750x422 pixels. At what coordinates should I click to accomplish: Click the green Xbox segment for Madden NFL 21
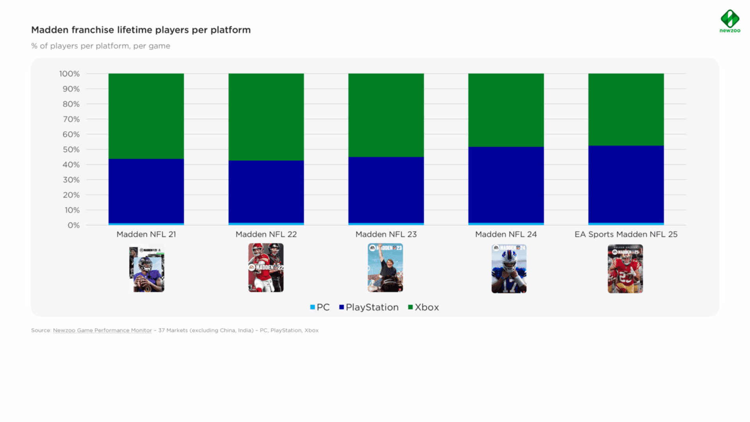[146, 116]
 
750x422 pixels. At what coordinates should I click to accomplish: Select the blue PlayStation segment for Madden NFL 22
[266, 191]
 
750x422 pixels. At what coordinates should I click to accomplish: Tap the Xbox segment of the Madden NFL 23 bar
[386, 115]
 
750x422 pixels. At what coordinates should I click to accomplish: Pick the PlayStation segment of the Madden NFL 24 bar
[506, 184]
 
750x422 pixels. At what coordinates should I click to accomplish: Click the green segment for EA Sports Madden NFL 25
[626, 109]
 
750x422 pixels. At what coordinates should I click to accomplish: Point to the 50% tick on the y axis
[71, 150]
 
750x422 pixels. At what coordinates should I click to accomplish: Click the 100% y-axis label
[69, 74]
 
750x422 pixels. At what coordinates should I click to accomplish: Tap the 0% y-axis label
[73, 225]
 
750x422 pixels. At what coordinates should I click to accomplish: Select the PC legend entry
[320, 308]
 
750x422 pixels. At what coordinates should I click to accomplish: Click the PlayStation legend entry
[369, 308]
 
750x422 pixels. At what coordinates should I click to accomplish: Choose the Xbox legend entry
[423, 308]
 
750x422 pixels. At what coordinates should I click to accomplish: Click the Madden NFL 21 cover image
[147, 268]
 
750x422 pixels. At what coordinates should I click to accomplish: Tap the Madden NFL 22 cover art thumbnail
[266, 268]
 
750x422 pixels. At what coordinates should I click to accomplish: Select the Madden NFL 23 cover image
[385, 268]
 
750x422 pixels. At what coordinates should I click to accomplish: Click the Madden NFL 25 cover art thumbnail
[625, 269]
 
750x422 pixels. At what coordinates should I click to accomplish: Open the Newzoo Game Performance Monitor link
[102, 331]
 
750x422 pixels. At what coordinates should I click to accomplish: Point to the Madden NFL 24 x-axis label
[506, 234]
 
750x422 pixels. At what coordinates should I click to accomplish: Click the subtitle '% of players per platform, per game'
[100, 46]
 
